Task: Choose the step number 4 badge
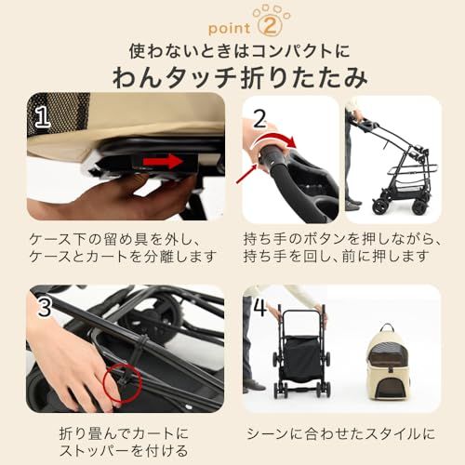pyautogui.click(x=260, y=306)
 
